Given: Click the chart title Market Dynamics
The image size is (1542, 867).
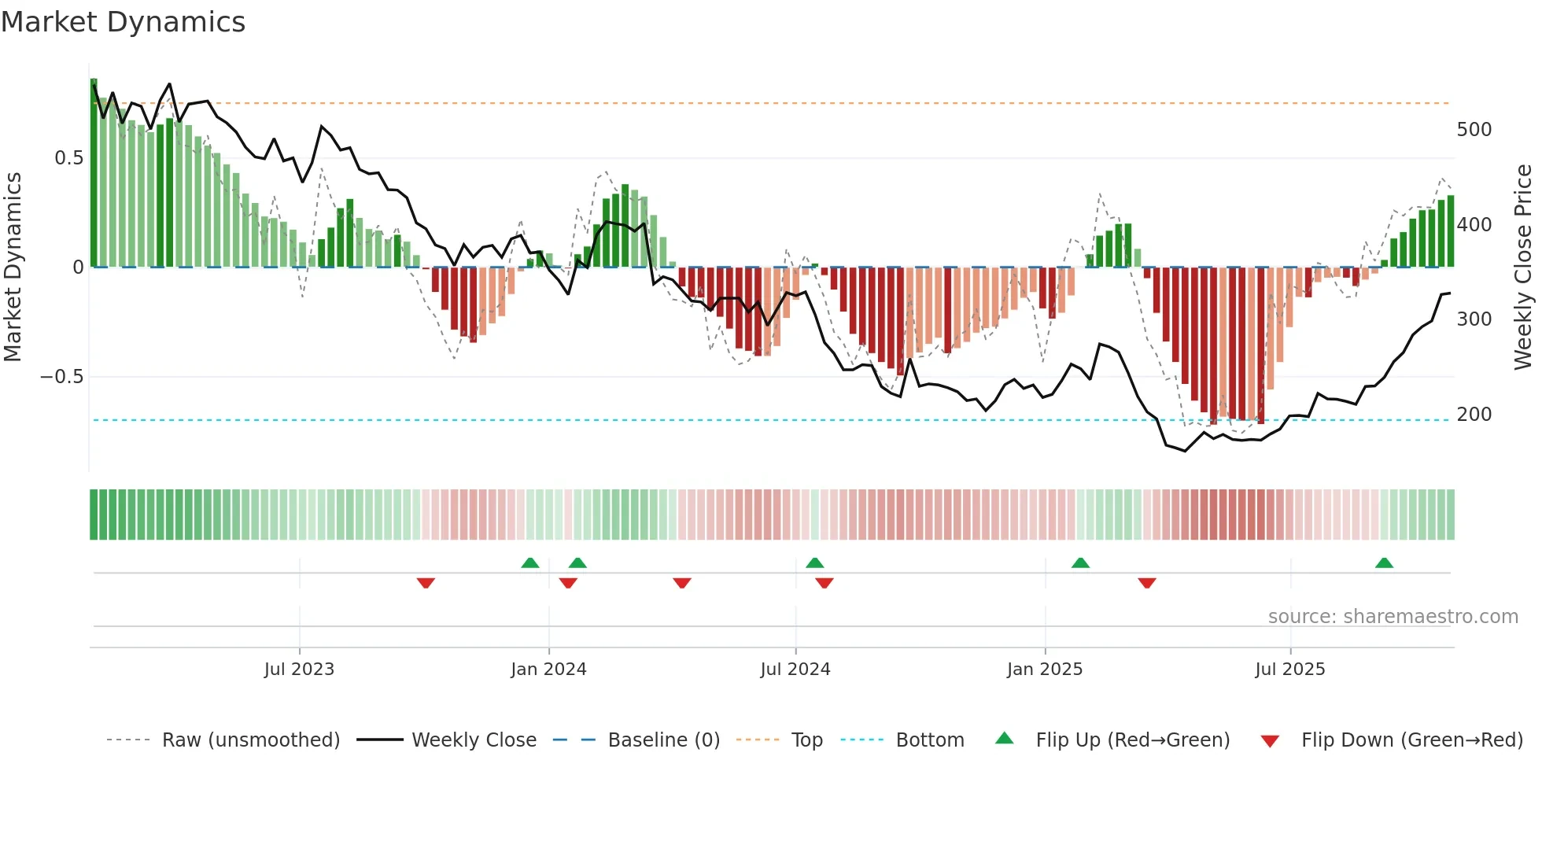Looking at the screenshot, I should pyautogui.click(x=123, y=22).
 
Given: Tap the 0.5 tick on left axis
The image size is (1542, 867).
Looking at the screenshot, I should pyautogui.click(x=68, y=158).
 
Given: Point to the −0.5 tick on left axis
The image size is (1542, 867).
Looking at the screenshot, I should pyautogui.click(x=61, y=377).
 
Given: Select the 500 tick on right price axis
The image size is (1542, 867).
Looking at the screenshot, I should pyautogui.click(x=1474, y=130).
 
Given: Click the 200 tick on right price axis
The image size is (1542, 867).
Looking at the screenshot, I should pyautogui.click(x=1474, y=415).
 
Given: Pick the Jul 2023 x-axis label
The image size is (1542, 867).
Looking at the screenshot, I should pyautogui.click(x=299, y=670).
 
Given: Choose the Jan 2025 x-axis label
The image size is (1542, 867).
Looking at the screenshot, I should pyautogui.click(x=1044, y=670).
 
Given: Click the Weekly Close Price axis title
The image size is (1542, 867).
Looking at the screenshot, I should pyautogui.click(x=1523, y=267).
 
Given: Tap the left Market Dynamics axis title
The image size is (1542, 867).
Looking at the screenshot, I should pyautogui.click(x=13, y=267).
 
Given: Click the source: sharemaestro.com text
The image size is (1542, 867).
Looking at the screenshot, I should pyautogui.click(x=1393, y=617).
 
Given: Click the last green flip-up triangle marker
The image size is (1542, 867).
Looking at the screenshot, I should pyautogui.click(x=1384, y=563).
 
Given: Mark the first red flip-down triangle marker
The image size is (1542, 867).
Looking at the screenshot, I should pyautogui.click(x=426, y=583).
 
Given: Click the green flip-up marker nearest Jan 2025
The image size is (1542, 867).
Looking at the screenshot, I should pyautogui.click(x=1080, y=563).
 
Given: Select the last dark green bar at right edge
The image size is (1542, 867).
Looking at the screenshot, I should pyautogui.click(x=1451, y=232).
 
